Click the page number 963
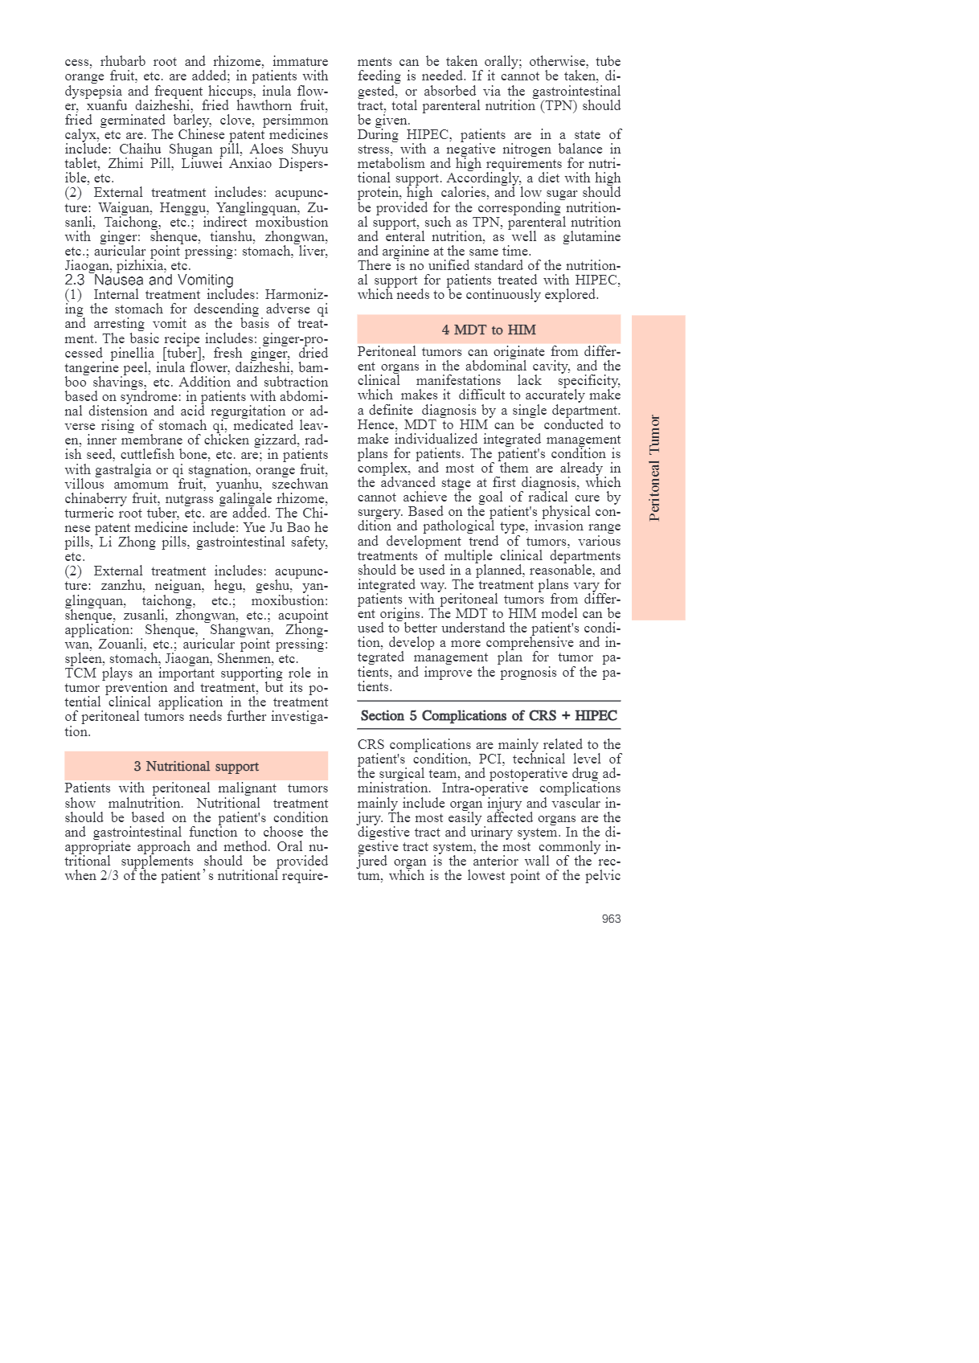tap(611, 919)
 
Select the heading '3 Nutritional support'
tap(196, 767)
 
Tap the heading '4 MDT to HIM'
tap(489, 330)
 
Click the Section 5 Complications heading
tap(489, 716)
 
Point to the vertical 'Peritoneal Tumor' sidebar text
tap(655, 468)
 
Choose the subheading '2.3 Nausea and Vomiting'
tap(150, 280)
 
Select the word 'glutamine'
tap(591, 237)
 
